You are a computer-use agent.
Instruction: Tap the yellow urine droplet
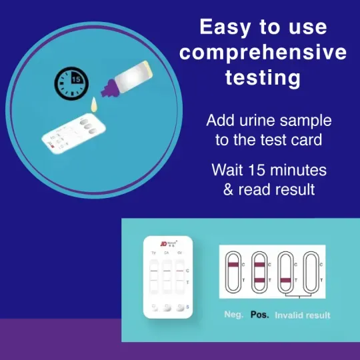pos(93,104)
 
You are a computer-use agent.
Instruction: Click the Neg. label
pos(235,315)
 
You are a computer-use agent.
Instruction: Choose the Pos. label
pos(259,315)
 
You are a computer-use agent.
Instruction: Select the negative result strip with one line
pos(233,272)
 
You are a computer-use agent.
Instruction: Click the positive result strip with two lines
pos(259,272)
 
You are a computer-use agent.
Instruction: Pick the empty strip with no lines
pos(311,272)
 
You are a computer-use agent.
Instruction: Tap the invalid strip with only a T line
pos(286,272)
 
